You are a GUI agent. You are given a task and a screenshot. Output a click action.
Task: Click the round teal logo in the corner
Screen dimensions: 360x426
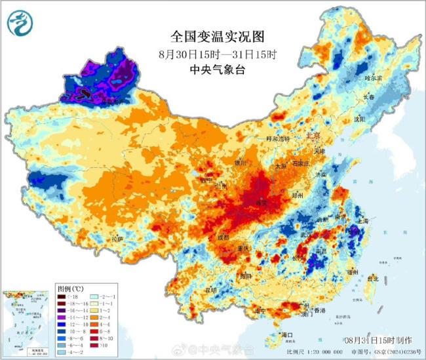[20, 25]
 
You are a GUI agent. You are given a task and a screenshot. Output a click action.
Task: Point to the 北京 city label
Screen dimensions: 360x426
[314, 136]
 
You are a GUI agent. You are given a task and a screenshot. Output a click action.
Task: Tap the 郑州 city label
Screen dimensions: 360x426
[298, 196]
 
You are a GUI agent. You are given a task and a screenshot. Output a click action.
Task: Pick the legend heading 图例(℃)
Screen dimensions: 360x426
[71, 288]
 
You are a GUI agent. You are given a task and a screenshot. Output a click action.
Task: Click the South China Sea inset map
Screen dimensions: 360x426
[26, 321]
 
